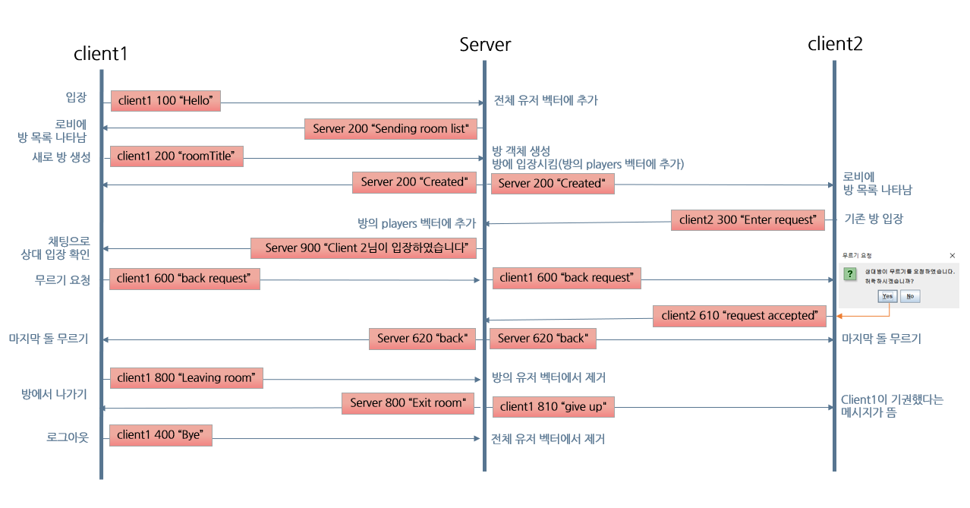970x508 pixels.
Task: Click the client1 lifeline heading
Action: click(x=100, y=54)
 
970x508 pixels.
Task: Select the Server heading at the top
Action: click(x=485, y=45)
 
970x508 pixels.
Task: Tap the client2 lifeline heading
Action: click(x=835, y=44)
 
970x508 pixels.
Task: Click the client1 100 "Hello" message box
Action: click(x=165, y=101)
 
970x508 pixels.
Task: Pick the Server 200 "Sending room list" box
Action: click(x=391, y=129)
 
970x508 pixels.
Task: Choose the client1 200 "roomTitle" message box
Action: click(x=176, y=156)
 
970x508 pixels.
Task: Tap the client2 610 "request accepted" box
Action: click(x=739, y=316)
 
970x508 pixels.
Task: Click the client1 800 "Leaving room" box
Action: click(x=186, y=377)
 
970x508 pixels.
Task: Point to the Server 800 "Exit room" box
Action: click(x=408, y=403)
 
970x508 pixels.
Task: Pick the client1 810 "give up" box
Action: click(x=553, y=407)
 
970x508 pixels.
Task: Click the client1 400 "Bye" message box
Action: click(x=161, y=435)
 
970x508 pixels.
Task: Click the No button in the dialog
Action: click(x=909, y=296)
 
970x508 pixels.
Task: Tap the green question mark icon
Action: click(x=851, y=273)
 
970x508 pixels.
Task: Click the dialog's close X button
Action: click(x=953, y=256)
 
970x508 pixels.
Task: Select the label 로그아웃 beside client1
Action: click(x=68, y=438)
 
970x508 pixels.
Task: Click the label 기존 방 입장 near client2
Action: click(x=874, y=219)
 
